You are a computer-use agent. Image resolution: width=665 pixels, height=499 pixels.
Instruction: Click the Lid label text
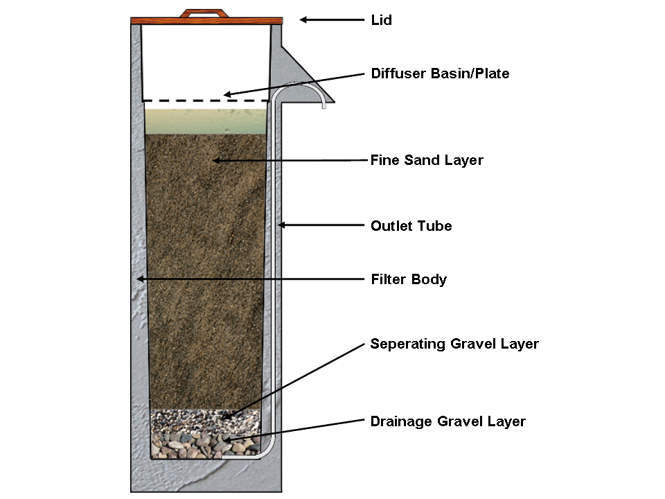pos(381,20)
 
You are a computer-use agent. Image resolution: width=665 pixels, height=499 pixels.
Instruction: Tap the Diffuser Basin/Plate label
pos(441,73)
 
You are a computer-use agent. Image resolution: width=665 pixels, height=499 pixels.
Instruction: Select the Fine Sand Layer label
pos(427,160)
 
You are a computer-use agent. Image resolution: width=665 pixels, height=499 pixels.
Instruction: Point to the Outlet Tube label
pos(411,226)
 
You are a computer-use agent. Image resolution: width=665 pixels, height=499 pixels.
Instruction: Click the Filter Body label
pos(409,279)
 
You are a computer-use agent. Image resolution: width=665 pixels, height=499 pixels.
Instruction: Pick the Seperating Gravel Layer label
pos(454,344)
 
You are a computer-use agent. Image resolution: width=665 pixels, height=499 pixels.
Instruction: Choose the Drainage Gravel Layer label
pos(448,421)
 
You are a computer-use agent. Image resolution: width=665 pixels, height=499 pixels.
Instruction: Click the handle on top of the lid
pos(204,13)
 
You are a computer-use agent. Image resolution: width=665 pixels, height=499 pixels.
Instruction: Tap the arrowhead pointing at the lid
pos(303,19)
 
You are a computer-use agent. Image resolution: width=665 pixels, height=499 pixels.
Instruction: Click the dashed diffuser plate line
pos(206,101)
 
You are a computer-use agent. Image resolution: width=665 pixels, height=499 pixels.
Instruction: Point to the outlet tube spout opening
pos(323,107)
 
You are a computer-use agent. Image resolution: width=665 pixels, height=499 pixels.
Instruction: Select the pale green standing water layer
pos(206,122)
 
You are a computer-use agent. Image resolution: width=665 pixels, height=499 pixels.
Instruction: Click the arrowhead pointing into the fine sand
pos(216,160)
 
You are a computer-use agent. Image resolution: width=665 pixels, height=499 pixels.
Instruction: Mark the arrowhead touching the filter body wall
pos(141,279)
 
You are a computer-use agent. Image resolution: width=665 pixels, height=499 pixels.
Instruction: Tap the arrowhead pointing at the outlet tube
pos(282,225)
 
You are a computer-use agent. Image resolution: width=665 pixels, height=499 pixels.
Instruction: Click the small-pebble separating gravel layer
pos(206,421)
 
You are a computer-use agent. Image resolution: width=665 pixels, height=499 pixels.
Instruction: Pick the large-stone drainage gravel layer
pos(206,446)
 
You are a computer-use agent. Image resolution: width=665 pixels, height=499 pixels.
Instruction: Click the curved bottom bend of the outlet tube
pos(268,451)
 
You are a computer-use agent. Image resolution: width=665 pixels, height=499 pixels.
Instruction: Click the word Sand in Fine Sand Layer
pos(422,160)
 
